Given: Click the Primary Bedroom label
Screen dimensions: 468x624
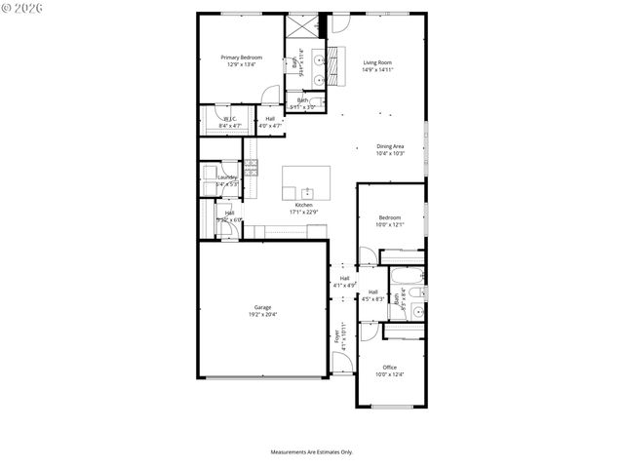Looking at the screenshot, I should point(241,58).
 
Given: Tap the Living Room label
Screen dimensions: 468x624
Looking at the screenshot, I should point(377,62).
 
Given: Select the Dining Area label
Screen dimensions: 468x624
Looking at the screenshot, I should point(390,146).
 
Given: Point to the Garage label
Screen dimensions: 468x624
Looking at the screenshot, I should point(263,307).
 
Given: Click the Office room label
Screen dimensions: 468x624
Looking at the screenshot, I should point(389,368).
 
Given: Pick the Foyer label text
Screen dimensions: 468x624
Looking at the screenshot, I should point(337,336).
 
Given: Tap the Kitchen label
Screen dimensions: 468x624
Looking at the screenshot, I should point(303,205).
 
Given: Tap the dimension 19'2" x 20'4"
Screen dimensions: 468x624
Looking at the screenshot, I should point(263,314).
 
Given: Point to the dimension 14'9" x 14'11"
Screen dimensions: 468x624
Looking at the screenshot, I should point(377,69).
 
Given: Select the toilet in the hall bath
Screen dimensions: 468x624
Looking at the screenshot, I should point(417,313).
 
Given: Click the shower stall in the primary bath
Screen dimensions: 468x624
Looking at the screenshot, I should point(298,25).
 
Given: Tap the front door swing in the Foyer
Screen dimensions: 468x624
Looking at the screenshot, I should point(340,363).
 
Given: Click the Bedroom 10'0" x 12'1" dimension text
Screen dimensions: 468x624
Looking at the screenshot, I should point(389,225).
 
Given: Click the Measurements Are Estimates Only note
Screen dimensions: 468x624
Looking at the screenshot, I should point(311,451).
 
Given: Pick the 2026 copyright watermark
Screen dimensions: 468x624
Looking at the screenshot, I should point(24,9).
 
